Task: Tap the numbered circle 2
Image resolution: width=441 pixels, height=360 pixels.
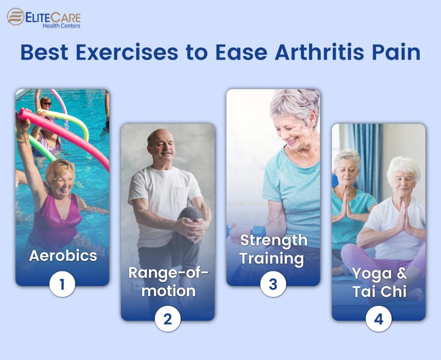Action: click(168, 319)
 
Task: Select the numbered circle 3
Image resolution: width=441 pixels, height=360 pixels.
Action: click(273, 285)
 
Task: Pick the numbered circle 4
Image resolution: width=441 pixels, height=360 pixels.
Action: click(379, 320)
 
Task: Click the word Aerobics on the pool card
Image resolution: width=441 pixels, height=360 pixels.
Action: click(63, 256)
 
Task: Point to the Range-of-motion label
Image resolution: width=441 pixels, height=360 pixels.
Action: click(168, 282)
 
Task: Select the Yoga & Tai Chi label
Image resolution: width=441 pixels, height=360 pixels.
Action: click(379, 282)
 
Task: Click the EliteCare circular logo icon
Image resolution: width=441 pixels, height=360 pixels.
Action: click(16, 17)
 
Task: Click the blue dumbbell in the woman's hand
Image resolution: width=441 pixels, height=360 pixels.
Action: click(258, 231)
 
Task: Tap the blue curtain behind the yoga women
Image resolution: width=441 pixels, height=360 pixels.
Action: click(364, 155)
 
